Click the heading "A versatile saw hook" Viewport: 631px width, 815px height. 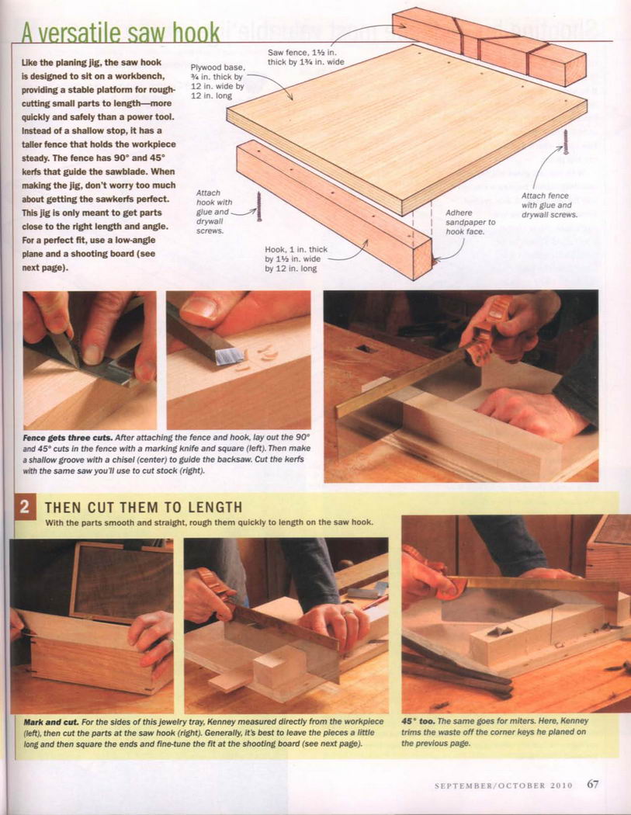(x=121, y=33)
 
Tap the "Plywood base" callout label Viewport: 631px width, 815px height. (x=217, y=81)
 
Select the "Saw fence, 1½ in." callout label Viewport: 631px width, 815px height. (x=306, y=57)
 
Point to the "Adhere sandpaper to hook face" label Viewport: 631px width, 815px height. (x=470, y=222)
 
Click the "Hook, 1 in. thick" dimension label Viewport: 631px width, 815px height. (x=296, y=258)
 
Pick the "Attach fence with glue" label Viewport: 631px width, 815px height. (x=550, y=205)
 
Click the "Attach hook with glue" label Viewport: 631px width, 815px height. (x=214, y=212)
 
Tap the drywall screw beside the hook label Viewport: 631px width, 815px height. (x=259, y=207)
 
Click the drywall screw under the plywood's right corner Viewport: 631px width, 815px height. (x=566, y=142)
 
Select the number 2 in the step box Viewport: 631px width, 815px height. (x=24, y=506)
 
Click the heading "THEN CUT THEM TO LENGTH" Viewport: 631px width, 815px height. (x=144, y=507)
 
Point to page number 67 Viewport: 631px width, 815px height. (x=592, y=783)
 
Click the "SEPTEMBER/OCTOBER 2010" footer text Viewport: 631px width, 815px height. (x=503, y=785)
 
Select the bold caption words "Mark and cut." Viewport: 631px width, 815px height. (x=51, y=721)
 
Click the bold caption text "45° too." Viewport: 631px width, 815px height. (x=418, y=721)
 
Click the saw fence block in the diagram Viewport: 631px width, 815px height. (x=489, y=47)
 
